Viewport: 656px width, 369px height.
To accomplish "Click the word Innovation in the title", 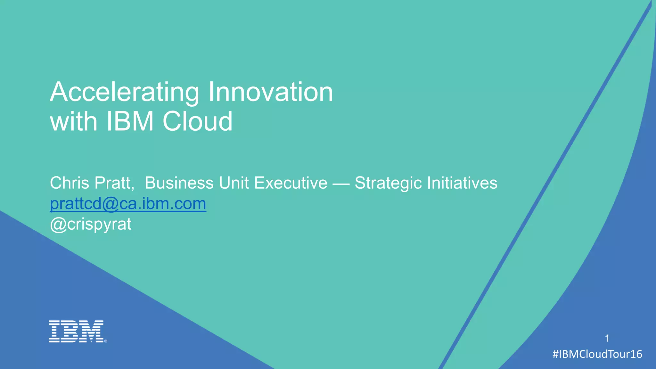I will [271, 92].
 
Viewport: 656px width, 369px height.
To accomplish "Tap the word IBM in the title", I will [130, 121].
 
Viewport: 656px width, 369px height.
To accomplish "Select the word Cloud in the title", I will [197, 121].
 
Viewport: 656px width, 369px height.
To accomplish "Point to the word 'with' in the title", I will [74, 121].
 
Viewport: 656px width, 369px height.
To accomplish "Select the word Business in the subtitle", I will [179, 183].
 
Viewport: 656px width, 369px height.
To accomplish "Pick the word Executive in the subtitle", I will [291, 183].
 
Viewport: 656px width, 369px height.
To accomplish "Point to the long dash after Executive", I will [341, 184].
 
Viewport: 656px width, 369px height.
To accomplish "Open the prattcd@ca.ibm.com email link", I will [128, 204].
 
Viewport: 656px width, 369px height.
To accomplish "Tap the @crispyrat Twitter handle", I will [91, 224].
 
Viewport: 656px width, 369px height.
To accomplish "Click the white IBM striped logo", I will [76, 331].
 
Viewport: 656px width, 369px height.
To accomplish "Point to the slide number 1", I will [607, 338].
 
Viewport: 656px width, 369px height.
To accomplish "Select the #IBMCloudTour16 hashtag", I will [597, 354].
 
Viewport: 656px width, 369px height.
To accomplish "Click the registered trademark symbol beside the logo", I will [106, 341].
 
